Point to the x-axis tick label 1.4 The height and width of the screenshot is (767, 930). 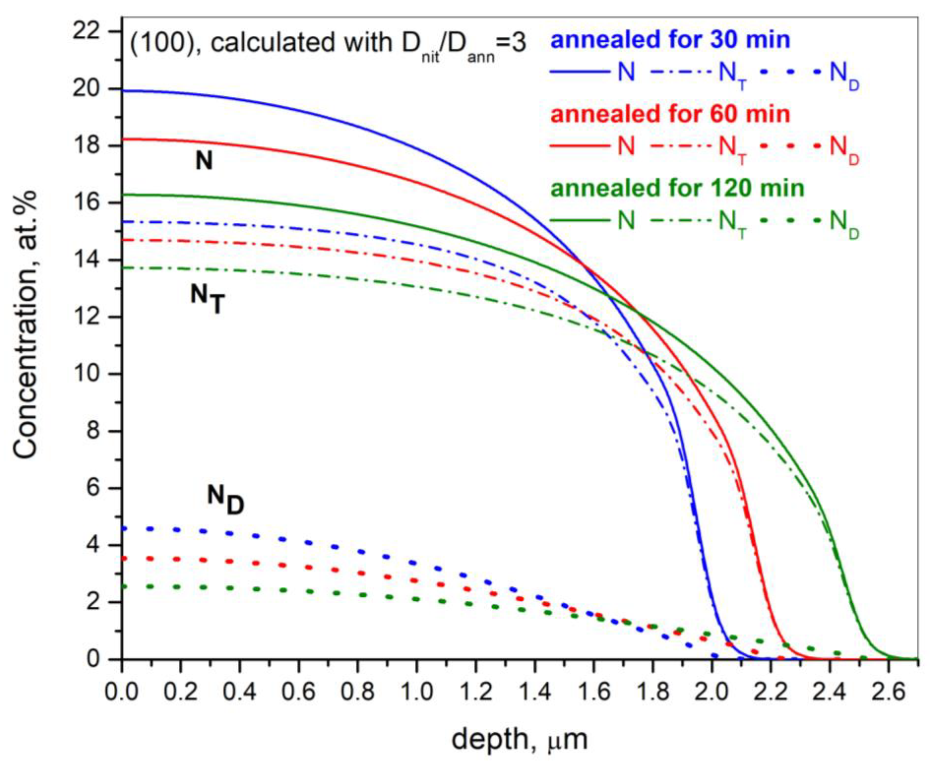(535, 692)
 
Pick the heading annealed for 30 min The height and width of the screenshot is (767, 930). (670, 40)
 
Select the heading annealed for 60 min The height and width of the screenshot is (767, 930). (670, 114)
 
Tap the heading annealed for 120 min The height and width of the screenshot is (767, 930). (677, 188)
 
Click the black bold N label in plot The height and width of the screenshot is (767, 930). (204, 162)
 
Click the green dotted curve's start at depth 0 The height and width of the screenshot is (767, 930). (124, 587)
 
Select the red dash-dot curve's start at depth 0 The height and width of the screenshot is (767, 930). (124, 240)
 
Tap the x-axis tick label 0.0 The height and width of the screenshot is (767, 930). (121, 692)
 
